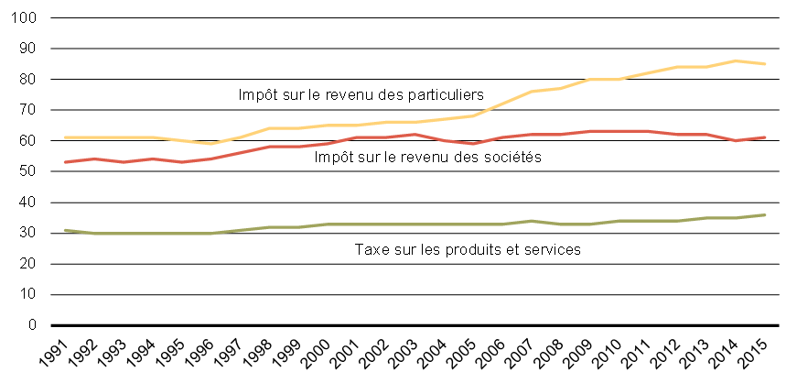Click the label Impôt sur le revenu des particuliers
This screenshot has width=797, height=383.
361,94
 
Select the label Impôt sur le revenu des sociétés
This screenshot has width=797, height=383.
427,158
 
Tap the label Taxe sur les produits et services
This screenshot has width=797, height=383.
467,249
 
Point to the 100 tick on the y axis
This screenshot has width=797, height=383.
25,18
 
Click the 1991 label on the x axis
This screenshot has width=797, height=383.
58,349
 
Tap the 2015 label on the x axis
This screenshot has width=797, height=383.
756,349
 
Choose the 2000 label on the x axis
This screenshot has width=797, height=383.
319,349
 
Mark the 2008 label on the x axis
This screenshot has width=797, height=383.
552,349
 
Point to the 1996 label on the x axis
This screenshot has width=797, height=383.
203,349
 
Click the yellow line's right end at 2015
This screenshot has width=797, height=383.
765,64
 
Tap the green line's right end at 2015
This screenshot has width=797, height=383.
765,214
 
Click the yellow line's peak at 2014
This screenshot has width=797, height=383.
736,60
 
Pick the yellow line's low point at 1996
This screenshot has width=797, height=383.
211,144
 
